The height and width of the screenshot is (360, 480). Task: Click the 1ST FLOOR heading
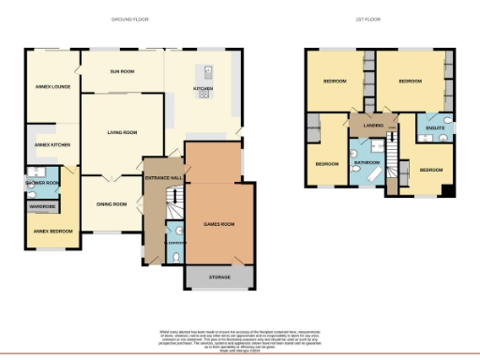367,19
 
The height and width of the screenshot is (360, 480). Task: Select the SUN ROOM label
123,71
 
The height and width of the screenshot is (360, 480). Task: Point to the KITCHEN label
203,89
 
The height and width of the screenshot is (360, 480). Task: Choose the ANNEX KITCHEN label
52,145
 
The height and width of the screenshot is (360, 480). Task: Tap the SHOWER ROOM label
43,183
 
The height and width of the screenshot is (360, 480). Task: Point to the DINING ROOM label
112,203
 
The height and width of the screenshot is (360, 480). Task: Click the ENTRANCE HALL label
162,177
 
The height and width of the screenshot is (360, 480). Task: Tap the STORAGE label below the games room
218,277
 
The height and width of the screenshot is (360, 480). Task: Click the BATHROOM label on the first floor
366,163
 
